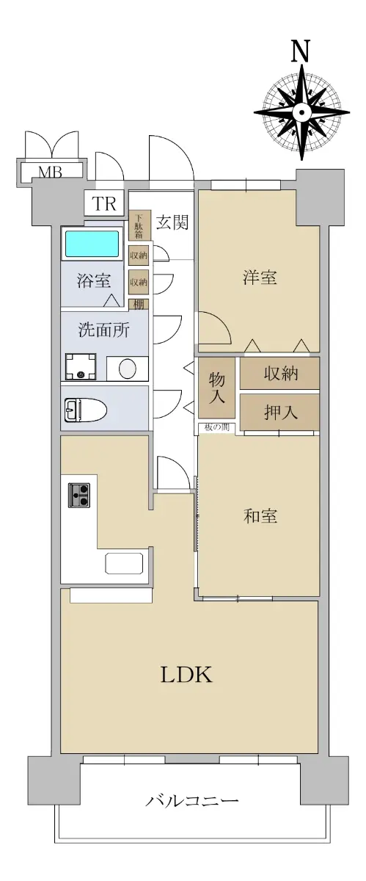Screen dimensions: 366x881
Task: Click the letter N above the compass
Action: (301, 51)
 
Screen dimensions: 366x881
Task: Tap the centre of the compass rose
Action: (302, 112)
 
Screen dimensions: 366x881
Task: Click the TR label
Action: (104, 204)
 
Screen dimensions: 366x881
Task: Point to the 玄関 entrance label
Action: (172, 222)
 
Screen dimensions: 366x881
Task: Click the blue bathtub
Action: (92, 244)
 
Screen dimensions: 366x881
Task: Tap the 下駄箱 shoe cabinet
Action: (139, 226)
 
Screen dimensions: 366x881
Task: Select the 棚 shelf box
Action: (139, 305)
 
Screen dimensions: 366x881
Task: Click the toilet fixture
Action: (86, 410)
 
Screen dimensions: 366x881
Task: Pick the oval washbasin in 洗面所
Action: (128, 369)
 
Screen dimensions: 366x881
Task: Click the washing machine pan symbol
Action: (81, 366)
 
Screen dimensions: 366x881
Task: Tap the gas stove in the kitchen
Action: (79, 495)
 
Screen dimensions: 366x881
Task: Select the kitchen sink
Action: (124, 563)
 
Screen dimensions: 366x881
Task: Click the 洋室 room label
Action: (260, 278)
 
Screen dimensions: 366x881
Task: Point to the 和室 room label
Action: (260, 515)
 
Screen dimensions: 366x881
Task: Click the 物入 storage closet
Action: (217, 388)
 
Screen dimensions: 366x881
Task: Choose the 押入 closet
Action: (279, 412)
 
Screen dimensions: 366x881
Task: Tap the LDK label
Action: (186, 675)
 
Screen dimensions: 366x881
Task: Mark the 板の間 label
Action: (216, 427)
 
